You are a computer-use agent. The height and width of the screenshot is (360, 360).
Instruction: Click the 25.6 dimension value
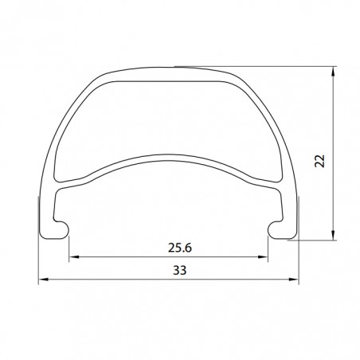[180, 248]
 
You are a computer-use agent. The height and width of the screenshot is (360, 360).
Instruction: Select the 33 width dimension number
[180, 270]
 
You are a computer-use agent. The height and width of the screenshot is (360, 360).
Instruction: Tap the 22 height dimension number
[320, 161]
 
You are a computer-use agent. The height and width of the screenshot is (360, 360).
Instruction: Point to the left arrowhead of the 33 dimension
[44, 280]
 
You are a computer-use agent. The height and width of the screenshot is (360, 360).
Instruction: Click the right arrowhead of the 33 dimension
[294, 280]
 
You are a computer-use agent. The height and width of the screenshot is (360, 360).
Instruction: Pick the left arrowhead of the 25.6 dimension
[74, 256]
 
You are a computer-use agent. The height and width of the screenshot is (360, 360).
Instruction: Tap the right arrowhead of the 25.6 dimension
[263, 256]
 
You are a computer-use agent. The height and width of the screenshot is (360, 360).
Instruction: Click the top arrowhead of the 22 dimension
[334, 72]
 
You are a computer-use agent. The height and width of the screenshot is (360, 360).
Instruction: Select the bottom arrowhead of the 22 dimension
[334, 235]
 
